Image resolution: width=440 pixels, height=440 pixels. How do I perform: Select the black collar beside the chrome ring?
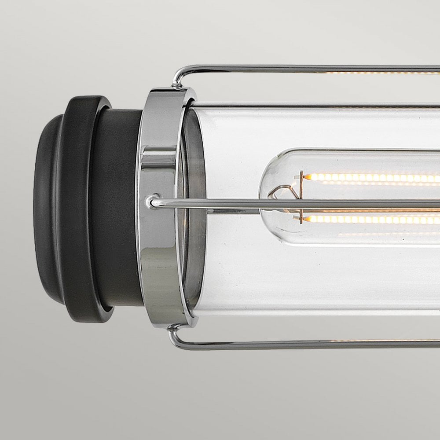tap(121, 207)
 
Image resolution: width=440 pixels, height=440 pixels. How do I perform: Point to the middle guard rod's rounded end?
tap(152, 202)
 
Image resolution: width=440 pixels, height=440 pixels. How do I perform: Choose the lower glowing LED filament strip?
tap(374, 219)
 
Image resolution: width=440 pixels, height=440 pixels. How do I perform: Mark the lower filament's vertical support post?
tap(301, 218)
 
